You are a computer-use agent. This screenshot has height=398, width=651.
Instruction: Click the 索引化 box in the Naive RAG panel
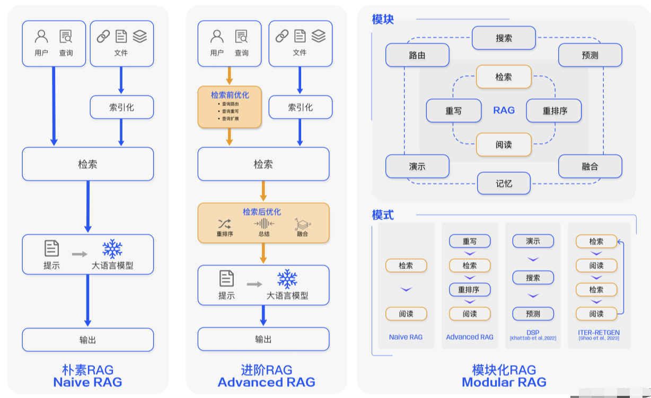coord(121,107)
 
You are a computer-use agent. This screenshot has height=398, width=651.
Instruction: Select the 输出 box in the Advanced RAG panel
coord(263,339)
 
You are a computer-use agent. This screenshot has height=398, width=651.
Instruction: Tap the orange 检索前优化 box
coord(230,107)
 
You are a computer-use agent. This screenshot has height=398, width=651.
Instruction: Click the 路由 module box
coord(417,55)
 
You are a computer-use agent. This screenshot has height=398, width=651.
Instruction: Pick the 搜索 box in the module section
coord(504,38)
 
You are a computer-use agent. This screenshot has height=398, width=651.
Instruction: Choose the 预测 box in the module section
coord(590,55)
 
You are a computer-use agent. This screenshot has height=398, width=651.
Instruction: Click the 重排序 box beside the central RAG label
coord(554,111)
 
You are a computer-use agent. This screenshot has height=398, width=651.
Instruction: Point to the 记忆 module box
coord(504,183)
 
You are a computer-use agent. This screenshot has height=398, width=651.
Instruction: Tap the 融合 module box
coord(590,166)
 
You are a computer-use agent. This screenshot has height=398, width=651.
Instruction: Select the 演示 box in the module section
coord(417,166)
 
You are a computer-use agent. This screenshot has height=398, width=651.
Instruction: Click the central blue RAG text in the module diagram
coord(504,110)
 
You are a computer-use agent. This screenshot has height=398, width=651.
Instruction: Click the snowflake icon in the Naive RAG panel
coord(112,249)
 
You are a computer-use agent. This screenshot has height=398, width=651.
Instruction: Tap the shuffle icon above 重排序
coord(224,223)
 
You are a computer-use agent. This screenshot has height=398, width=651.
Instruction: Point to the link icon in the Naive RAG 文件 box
coord(103,36)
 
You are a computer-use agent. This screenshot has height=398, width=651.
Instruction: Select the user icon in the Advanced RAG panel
coord(217,36)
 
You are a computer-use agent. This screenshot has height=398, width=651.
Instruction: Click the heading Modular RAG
coord(504,382)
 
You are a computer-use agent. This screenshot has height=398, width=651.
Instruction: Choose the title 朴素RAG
coord(87,370)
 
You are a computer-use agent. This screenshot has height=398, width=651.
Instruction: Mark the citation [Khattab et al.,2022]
coord(533,338)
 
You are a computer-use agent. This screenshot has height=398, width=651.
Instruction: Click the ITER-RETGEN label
coord(599,332)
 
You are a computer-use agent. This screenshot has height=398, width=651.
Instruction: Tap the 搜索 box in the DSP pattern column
coord(533,278)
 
